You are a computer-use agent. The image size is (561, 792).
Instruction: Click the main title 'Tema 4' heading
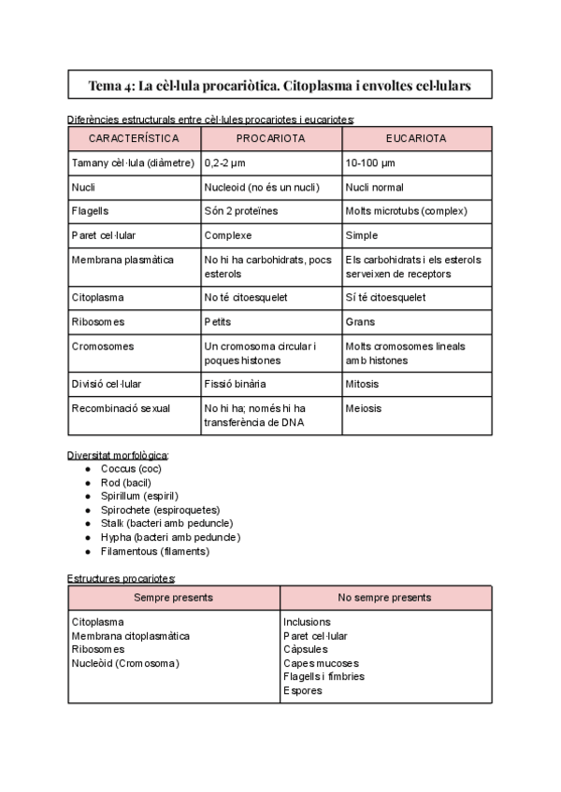point(280,86)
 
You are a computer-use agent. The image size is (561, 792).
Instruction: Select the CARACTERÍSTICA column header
point(134,138)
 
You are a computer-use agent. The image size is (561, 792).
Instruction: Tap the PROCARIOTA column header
point(270,138)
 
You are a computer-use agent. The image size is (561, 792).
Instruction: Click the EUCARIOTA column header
point(416,138)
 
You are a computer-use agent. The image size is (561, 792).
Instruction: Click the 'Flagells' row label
point(90,211)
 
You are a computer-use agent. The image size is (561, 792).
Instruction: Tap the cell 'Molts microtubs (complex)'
point(406,211)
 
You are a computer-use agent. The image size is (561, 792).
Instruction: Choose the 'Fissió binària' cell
point(235,384)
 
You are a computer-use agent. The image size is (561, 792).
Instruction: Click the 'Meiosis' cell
point(364,408)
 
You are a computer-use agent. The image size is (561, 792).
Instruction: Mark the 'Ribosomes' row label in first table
point(97,321)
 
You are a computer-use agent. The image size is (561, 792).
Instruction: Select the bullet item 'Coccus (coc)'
point(131,468)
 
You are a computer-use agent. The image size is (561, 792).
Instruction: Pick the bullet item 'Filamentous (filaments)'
point(154,551)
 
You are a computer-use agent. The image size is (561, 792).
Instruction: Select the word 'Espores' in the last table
point(302,690)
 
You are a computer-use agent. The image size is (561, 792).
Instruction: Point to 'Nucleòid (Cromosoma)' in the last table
point(125,663)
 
